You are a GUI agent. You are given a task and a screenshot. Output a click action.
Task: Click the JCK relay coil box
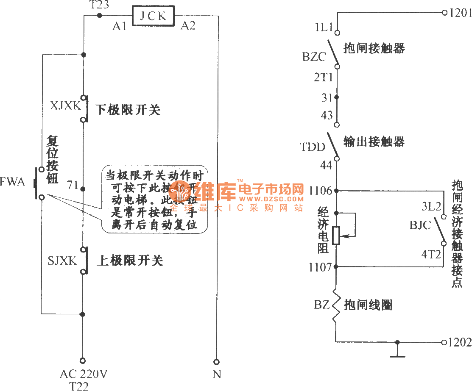(153, 17)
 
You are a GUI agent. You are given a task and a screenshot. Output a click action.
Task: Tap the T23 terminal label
(99, 5)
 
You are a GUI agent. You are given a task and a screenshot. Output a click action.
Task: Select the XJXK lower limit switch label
(65, 106)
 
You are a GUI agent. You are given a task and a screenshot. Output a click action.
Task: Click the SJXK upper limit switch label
(62, 261)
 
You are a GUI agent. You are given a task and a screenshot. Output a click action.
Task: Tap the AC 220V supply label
(84, 374)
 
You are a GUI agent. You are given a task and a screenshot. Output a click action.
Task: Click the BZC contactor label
(314, 57)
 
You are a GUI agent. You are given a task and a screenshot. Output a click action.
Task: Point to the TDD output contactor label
(313, 147)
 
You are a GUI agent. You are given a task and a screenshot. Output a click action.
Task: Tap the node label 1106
(320, 190)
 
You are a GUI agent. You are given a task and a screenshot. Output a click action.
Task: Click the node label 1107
(320, 267)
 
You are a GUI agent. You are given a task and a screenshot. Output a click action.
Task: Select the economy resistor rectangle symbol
(336, 236)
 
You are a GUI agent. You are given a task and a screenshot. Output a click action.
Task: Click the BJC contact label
(420, 225)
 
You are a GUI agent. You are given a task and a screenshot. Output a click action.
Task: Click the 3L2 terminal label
(431, 207)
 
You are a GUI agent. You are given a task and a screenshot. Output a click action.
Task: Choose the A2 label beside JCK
(188, 26)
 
